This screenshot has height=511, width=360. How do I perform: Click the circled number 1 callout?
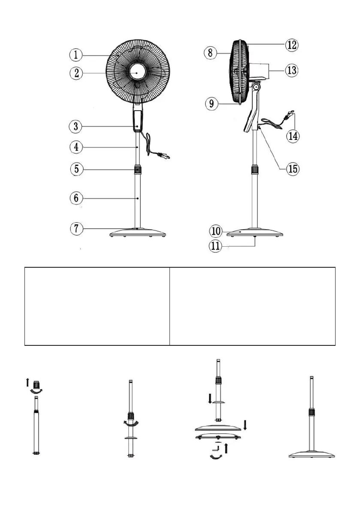point(76,55)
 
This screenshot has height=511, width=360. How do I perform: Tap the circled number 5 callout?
point(76,169)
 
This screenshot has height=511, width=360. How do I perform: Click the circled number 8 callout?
point(210,53)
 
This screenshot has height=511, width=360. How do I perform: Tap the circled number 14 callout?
point(294,136)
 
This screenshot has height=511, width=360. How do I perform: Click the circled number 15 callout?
point(293,169)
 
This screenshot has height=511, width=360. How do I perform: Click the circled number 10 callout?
point(216,231)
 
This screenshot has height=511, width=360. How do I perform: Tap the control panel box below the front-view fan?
point(137,121)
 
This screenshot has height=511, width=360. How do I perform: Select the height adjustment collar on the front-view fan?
point(137,169)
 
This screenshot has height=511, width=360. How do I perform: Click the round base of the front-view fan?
point(137,233)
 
